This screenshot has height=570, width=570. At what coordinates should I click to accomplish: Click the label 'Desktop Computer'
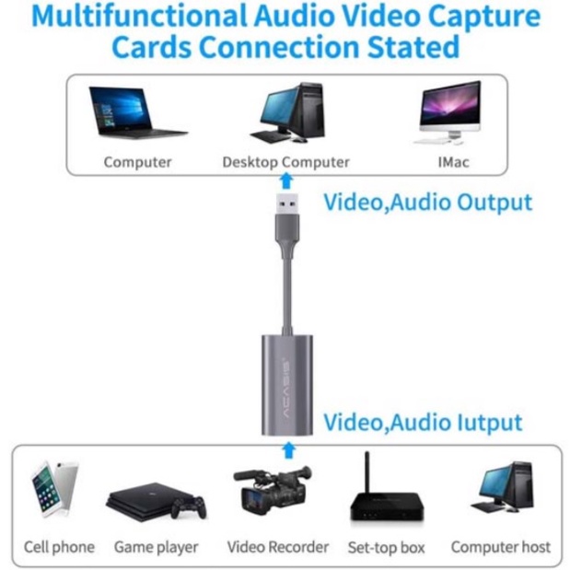[x=285, y=162]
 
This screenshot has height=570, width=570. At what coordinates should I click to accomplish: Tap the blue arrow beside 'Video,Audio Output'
[x=286, y=183]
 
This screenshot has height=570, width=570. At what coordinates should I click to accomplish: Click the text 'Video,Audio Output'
[x=427, y=202]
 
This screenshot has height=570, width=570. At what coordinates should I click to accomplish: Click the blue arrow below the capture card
[x=289, y=450]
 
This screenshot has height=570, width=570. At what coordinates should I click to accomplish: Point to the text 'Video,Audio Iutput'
[x=423, y=423]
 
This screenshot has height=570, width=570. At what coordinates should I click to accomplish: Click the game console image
[x=156, y=500]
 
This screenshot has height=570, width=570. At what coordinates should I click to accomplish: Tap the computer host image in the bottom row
[x=502, y=489]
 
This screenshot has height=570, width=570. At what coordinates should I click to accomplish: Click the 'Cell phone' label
[x=59, y=547]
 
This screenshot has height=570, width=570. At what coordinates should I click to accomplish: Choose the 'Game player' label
[x=156, y=547]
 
